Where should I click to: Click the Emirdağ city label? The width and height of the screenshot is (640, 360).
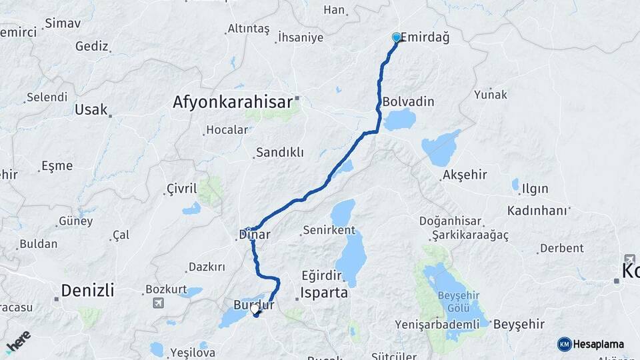(x=425, y=38)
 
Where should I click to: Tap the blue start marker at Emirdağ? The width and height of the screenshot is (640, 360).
(x=397, y=37)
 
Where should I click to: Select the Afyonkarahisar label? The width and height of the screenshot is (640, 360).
(x=233, y=103)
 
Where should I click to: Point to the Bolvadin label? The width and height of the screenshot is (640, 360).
(x=409, y=102)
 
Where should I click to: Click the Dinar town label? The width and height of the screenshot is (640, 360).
(x=254, y=235)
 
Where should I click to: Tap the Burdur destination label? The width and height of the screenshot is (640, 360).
(x=253, y=305)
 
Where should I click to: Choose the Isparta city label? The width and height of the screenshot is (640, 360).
(x=324, y=292)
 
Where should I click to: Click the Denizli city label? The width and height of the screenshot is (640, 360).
(x=87, y=290)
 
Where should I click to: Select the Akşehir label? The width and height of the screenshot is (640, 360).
(x=464, y=175)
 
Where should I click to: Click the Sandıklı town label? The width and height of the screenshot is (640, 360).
(x=280, y=153)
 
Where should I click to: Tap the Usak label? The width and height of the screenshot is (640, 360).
(x=91, y=109)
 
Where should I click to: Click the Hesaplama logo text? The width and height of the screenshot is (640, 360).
(x=598, y=344)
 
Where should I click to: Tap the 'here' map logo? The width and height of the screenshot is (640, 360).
(x=18, y=341)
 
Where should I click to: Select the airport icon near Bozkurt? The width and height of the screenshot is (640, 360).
(x=158, y=304)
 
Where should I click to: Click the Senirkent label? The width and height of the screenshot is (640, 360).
(x=329, y=230)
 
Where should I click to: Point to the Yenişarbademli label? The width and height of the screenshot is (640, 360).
(x=437, y=325)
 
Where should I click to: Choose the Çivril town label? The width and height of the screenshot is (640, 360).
(x=181, y=189)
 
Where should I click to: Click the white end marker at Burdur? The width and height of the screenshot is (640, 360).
(x=255, y=309)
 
